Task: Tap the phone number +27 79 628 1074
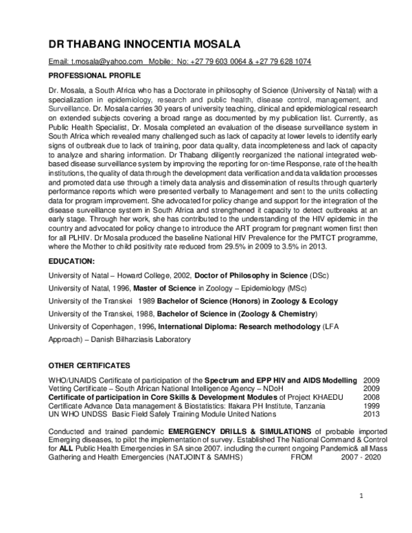pos(284,62)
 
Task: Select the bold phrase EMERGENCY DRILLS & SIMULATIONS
pos(240,431)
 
